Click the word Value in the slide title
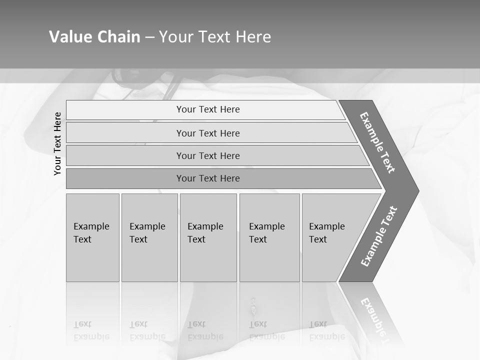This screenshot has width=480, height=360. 69,37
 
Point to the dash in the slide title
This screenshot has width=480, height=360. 149,37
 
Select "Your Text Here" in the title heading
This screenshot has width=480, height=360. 215,37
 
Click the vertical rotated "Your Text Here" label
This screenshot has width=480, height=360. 57,144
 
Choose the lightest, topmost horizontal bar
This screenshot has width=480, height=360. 205,109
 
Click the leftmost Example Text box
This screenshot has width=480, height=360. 92,237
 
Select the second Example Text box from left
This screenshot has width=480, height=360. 149,237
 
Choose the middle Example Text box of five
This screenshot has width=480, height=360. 208,237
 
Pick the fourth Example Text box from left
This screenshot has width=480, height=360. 269,237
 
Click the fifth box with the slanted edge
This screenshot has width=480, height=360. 330,237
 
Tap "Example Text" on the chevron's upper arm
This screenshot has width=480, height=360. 377,142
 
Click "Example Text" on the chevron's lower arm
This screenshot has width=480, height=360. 379,236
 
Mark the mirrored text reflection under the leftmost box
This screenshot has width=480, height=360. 91,330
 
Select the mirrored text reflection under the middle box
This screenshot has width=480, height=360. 205,330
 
